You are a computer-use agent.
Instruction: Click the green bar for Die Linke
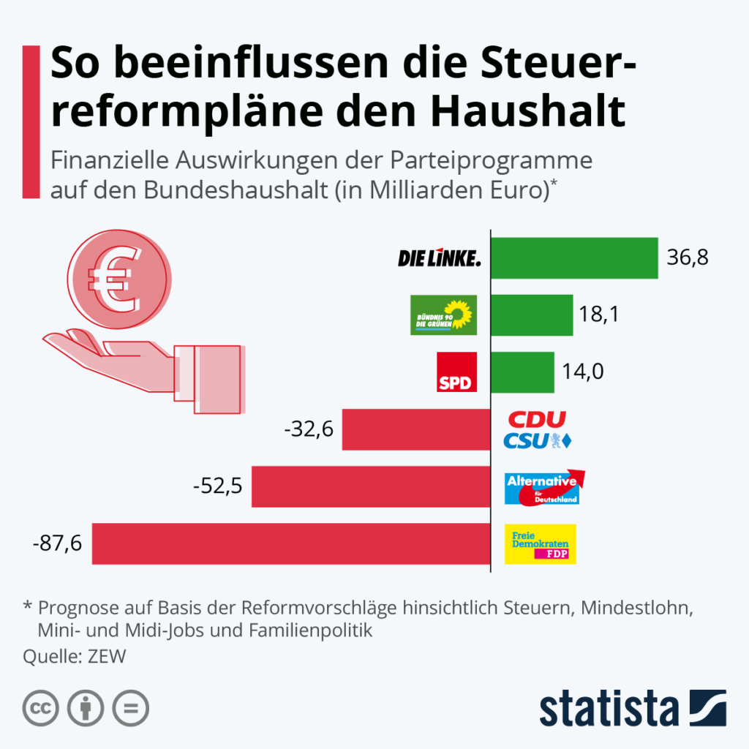pyautogui.click(x=574, y=257)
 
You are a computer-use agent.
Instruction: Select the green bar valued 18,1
pyautogui.click(x=532, y=315)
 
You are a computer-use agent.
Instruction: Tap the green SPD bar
pyautogui.click(x=522, y=372)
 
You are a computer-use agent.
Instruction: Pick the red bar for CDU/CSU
pyautogui.click(x=416, y=429)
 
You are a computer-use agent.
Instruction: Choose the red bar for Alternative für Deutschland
pyautogui.click(x=371, y=486)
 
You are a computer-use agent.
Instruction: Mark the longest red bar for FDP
pyautogui.click(x=291, y=543)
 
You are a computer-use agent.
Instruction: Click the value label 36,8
pyautogui.click(x=688, y=257)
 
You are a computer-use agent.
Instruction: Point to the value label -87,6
pyautogui.click(x=58, y=543)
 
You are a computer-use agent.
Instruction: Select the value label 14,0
pyautogui.click(x=583, y=372)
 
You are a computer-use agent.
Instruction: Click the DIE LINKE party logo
pyautogui.click(x=440, y=257)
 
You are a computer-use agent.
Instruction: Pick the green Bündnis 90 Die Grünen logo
pyautogui.click(x=443, y=315)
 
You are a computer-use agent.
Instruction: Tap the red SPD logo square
pyautogui.click(x=456, y=372)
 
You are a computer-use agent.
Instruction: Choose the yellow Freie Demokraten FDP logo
pyautogui.click(x=541, y=543)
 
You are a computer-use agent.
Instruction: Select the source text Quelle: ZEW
pyautogui.click(x=75, y=656)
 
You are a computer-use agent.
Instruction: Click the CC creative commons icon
pyautogui.click(x=41, y=707)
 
